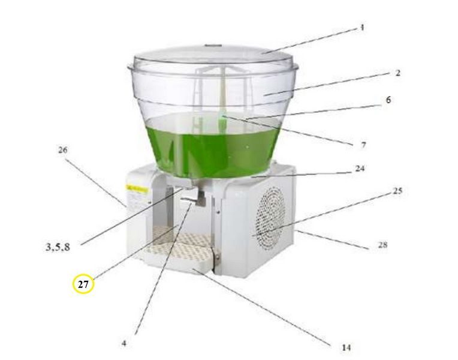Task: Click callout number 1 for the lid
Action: point(362,28)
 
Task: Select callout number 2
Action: point(398,73)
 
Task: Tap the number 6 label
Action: point(388,100)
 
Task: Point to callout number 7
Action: point(363,145)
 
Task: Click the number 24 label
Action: point(360,169)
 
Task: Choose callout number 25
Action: point(397,191)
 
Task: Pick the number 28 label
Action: point(382,245)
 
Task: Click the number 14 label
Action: point(346,347)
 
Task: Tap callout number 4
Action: point(124,343)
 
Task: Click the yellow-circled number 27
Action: point(83,284)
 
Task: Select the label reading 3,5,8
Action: point(58,247)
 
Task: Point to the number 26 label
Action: point(62,150)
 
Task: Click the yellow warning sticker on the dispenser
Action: point(137,189)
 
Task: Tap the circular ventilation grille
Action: point(270,218)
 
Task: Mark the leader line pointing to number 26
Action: point(95,183)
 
